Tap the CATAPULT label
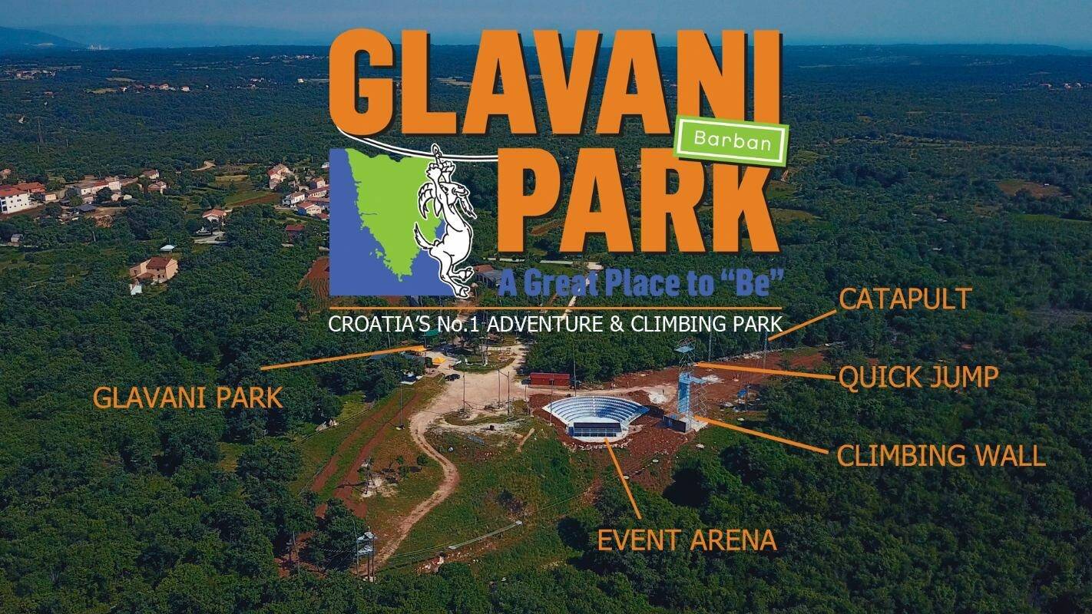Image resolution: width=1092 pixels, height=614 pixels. click(905, 299)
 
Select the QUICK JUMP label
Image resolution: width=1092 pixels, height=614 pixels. click(918, 377)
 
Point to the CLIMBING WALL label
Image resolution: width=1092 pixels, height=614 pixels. click(941, 455)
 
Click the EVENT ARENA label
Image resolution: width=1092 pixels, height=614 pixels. click(687, 540)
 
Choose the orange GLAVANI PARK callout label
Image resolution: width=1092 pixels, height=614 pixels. click(187, 398)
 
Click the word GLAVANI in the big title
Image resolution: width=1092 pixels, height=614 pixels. click(556, 81)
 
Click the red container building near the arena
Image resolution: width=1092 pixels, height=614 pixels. click(549, 379)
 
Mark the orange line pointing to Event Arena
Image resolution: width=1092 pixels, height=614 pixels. click(623, 478)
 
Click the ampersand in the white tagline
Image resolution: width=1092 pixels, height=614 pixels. click(617, 325)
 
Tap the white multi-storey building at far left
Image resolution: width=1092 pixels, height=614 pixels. click(15, 199)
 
